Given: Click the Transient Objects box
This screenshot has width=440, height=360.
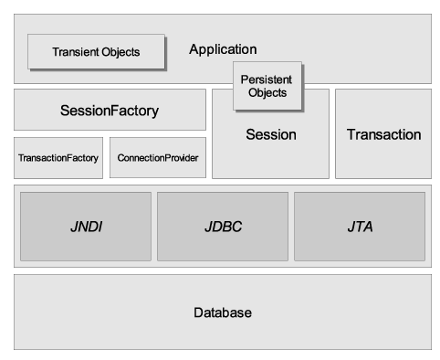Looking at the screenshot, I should [x=96, y=52].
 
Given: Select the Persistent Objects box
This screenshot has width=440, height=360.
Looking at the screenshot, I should [x=267, y=86].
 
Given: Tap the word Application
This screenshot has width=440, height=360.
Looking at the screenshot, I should [x=223, y=49].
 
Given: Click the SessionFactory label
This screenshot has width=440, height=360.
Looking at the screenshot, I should [x=109, y=111].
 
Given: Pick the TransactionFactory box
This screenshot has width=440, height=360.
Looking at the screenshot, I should [x=58, y=158].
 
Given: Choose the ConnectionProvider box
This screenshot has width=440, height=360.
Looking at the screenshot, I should [x=157, y=158].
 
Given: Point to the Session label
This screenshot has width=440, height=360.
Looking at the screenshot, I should [x=271, y=134].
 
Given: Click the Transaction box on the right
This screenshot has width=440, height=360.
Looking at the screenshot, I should [x=383, y=134].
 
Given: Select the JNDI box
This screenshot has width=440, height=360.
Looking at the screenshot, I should [x=86, y=227].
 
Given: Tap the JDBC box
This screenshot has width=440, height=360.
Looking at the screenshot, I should [x=222, y=227].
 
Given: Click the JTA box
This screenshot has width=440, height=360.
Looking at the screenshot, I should [x=359, y=227].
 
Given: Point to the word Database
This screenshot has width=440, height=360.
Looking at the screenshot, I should [x=222, y=312].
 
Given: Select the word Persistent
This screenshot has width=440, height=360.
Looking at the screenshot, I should [x=267, y=79].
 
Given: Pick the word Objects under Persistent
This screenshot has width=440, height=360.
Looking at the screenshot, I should [x=267, y=92].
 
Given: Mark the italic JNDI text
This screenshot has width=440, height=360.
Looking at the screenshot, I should [x=86, y=227].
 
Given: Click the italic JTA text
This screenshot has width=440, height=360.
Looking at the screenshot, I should [x=359, y=227].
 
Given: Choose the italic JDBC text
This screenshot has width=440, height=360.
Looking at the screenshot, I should [x=222, y=227].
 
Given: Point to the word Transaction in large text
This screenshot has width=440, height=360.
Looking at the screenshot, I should [x=383, y=134].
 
